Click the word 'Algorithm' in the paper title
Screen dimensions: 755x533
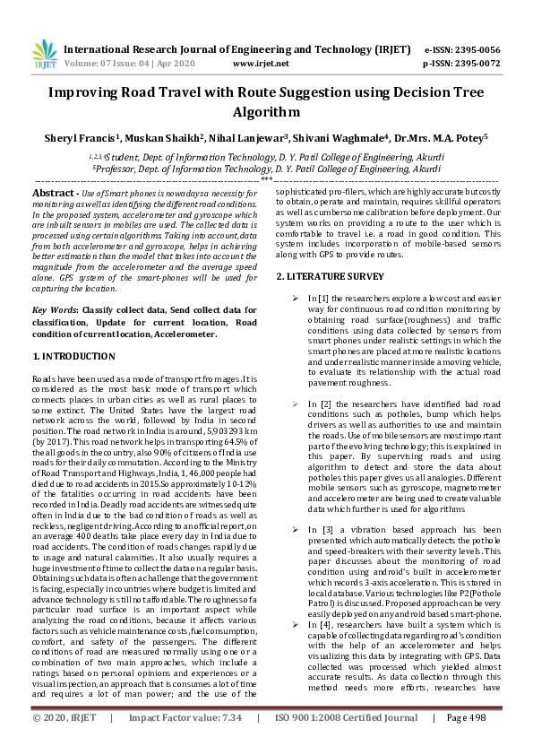(266, 112)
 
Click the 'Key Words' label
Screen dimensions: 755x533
(56, 309)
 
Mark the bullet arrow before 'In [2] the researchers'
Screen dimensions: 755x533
(296, 404)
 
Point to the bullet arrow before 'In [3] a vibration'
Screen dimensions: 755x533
(296, 531)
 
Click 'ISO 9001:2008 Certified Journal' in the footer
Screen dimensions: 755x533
(345, 743)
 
